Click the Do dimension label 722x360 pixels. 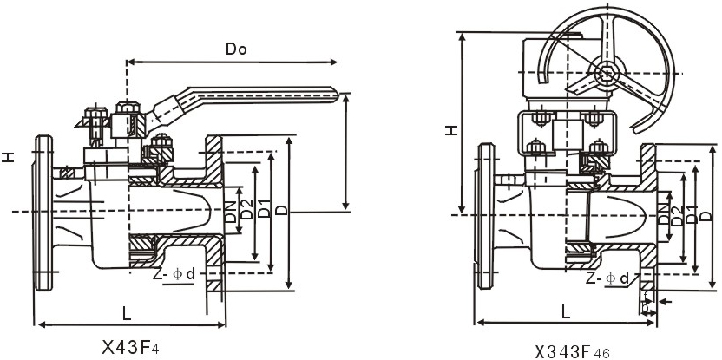tap(236, 49)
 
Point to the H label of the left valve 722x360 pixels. tap(8, 158)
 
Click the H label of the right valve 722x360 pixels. tap(451, 131)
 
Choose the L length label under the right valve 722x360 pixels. tap(566, 310)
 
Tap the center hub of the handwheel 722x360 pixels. tap(604, 73)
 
